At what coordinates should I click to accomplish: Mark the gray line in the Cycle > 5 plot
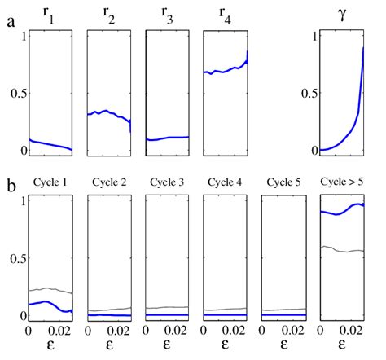click(340, 249)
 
